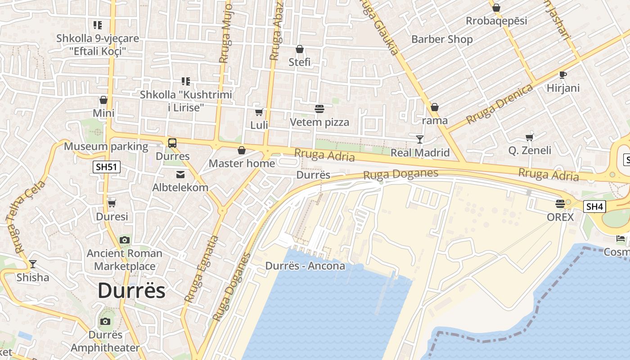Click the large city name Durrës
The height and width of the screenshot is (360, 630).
(x=131, y=291)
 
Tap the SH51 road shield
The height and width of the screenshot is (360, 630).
(x=107, y=167)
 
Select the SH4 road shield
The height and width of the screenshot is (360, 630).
(x=594, y=207)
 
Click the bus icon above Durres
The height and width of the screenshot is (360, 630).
(x=172, y=143)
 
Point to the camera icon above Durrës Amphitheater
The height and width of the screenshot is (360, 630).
(x=105, y=321)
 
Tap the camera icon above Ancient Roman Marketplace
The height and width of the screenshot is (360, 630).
(x=125, y=240)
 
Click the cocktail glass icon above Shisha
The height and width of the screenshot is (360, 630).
(x=32, y=264)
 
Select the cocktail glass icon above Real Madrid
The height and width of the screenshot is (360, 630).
(x=420, y=139)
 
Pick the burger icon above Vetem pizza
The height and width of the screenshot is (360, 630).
(x=319, y=108)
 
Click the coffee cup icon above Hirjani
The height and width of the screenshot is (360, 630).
(x=563, y=75)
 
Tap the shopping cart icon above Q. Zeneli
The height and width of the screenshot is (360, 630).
(x=530, y=137)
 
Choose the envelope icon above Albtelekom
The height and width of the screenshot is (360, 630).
(x=180, y=175)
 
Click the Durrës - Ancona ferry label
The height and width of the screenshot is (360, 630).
(x=305, y=266)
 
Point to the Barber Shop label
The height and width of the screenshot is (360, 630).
(x=442, y=40)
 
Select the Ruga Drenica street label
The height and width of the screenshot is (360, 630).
(x=499, y=104)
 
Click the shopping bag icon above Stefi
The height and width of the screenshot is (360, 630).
(x=300, y=49)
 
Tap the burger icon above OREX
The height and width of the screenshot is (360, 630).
(x=560, y=204)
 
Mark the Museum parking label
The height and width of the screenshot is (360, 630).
(x=106, y=146)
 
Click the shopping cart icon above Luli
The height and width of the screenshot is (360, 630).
(x=259, y=112)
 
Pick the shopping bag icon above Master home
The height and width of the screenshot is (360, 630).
(x=242, y=150)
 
